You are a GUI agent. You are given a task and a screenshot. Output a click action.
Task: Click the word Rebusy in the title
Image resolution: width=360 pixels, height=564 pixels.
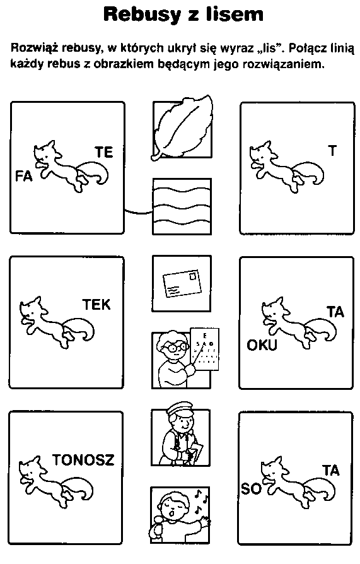[x=142, y=15]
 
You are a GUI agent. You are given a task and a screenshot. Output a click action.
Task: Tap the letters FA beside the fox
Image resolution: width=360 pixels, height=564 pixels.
[x=24, y=176]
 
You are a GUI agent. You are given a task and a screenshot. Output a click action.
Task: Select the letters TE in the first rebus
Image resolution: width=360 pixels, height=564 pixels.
[x=104, y=152]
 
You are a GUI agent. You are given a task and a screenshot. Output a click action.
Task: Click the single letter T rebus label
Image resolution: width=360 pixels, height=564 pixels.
[x=333, y=151]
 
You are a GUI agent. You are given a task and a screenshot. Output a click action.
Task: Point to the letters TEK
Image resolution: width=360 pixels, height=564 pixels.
[x=96, y=305]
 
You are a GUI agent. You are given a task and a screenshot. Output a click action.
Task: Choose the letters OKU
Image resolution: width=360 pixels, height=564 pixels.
[x=262, y=345]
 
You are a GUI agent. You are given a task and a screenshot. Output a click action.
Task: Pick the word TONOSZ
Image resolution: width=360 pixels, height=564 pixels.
[x=83, y=460]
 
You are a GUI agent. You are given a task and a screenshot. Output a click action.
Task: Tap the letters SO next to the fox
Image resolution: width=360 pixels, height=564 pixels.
[x=251, y=489]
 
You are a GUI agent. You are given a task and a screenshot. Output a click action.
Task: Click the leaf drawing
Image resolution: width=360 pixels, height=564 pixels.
[x=182, y=127]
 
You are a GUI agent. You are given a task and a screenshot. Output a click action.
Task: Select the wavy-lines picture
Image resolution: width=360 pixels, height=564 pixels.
[x=182, y=206]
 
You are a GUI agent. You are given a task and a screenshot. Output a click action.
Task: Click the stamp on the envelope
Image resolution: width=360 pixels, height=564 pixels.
[x=194, y=276]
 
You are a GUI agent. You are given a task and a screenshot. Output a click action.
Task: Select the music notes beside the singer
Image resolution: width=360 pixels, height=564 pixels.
[x=200, y=501]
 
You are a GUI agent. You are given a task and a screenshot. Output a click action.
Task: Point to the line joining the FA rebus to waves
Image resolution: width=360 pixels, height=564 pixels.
[x=139, y=211]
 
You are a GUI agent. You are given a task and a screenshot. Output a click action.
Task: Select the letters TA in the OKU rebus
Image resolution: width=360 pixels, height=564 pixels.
[x=335, y=312]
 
